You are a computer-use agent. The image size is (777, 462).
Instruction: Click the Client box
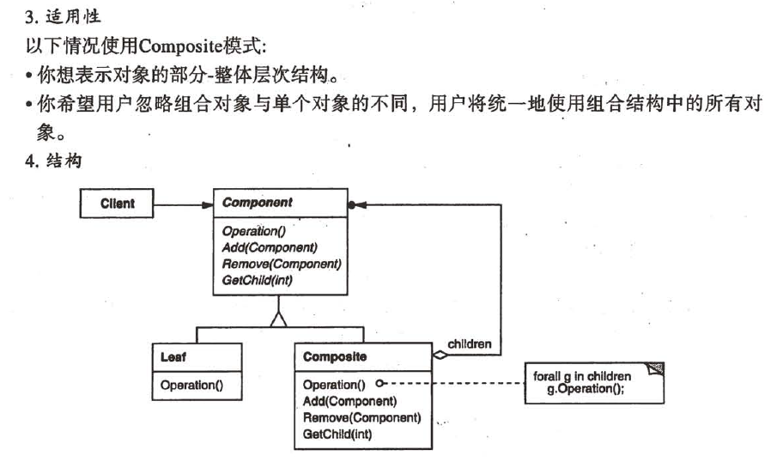[117, 204]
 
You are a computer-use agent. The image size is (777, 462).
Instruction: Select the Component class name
[257, 203]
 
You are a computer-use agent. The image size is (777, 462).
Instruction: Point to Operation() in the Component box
[253, 232]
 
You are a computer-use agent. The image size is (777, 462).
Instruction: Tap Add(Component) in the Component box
[269, 248]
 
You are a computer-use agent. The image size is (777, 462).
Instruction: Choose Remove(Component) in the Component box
[281, 264]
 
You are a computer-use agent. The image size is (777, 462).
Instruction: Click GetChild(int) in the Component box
[258, 279]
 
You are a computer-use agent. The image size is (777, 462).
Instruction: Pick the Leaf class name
[173, 356]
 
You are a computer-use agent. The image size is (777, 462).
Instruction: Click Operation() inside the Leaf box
[191, 385]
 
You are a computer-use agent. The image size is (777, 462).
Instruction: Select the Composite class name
[335, 356]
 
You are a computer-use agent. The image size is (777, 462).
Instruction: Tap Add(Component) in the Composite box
[349, 401]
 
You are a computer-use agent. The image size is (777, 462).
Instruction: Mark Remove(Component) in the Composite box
[361, 417]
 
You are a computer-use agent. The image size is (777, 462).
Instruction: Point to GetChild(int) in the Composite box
[338, 434]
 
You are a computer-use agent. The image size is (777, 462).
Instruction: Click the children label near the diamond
[470, 343]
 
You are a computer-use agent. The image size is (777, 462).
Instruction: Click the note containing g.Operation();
[592, 382]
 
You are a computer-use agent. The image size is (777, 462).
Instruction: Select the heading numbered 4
[53, 161]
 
